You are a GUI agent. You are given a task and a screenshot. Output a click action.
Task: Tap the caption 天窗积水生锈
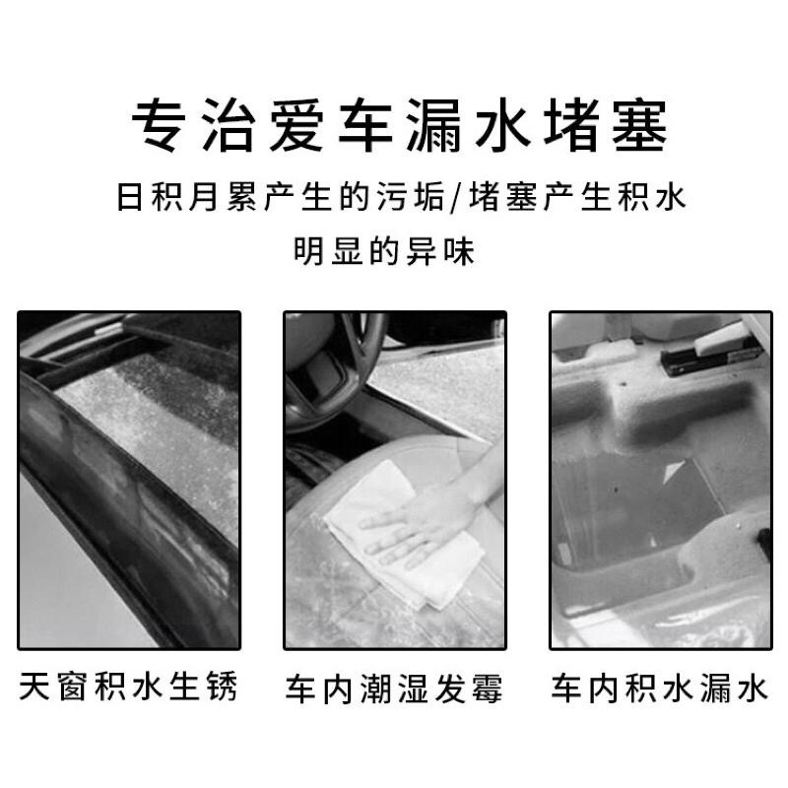[x=128, y=687]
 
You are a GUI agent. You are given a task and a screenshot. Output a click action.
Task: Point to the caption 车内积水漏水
[x=659, y=688]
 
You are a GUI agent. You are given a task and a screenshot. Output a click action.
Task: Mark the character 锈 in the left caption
[x=222, y=687]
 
